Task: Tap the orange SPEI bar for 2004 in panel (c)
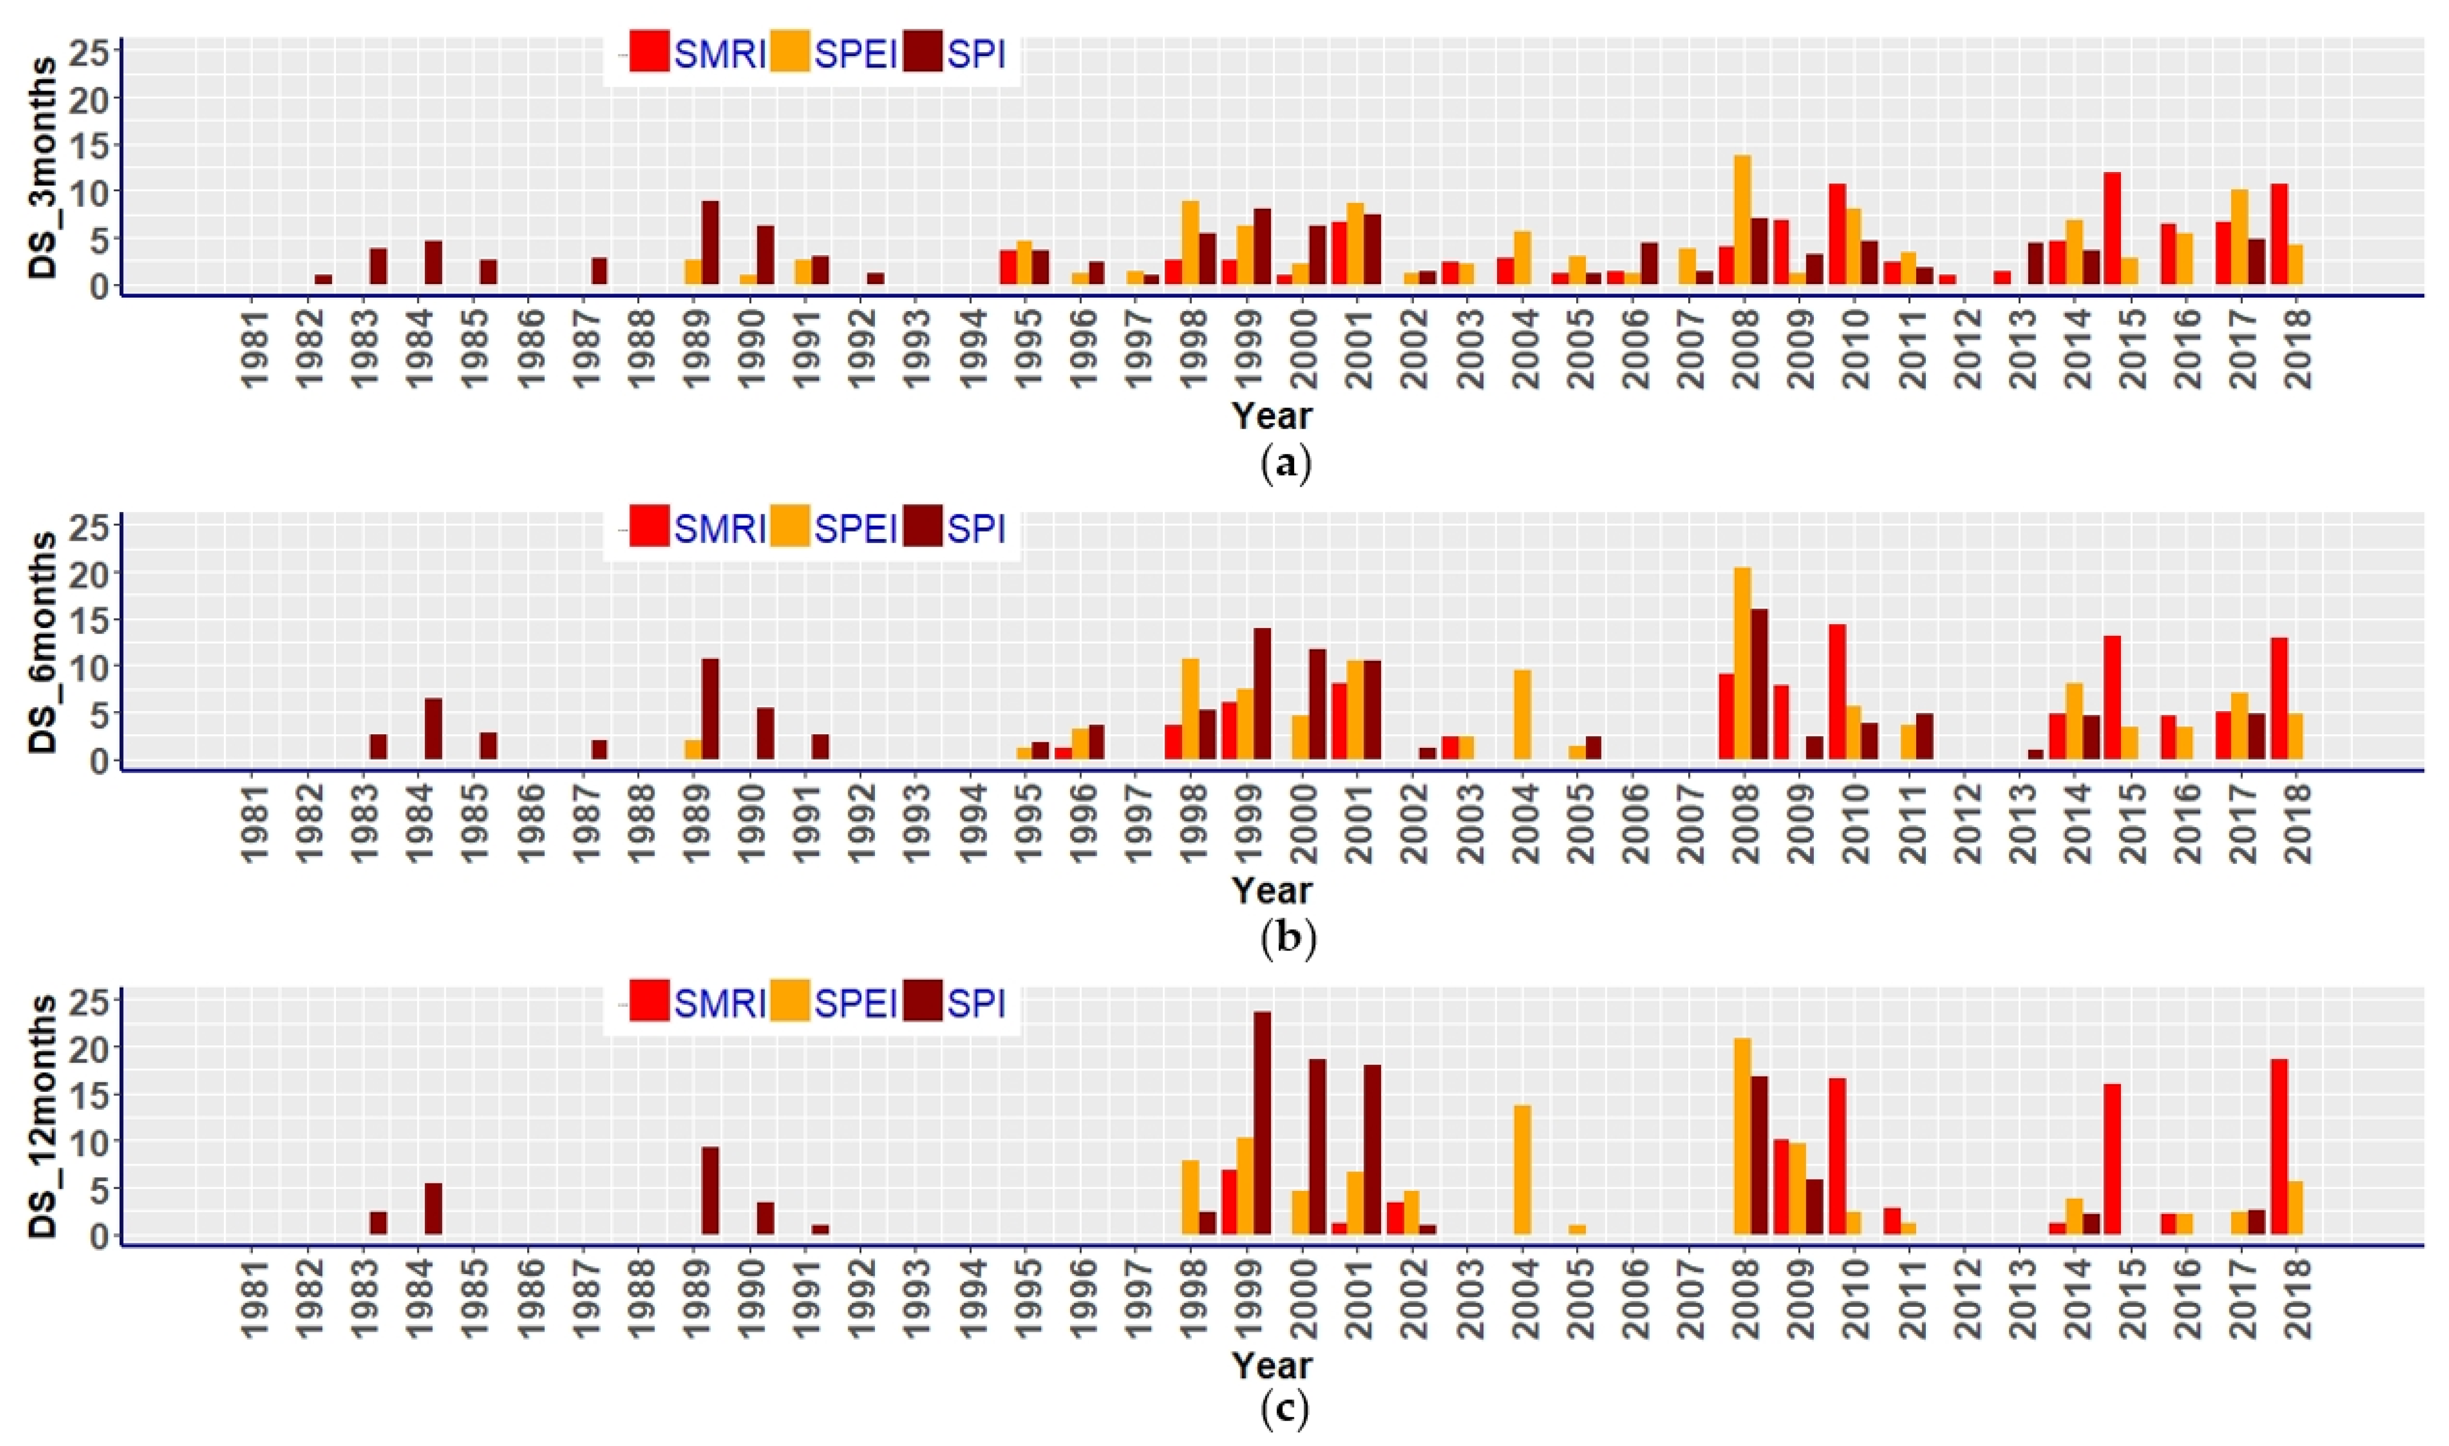click(1523, 1169)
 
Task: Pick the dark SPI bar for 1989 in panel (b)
click(710, 709)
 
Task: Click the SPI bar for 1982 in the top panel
click(324, 279)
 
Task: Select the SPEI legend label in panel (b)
click(855, 528)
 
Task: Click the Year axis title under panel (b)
click(1271, 890)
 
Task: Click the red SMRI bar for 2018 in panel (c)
click(2279, 1147)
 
